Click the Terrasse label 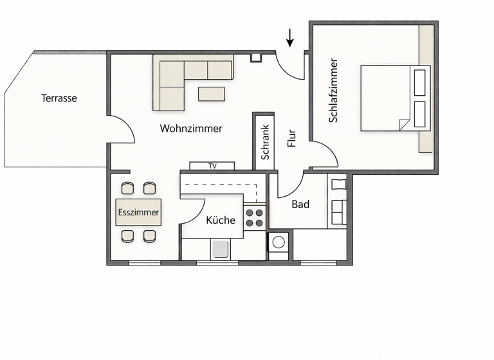pyautogui.click(x=59, y=98)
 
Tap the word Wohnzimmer pyautogui.click(x=191, y=129)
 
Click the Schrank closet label pyautogui.click(x=265, y=141)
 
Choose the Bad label pyautogui.click(x=300, y=204)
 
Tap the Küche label pyautogui.click(x=221, y=220)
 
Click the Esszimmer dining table pyautogui.click(x=138, y=212)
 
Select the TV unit pyautogui.click(x=212, y=166)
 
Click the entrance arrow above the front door pyautogui.click(x=290, y=38)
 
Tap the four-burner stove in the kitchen pyautogui.click(x=255, y=217)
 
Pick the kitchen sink pyautogui.click(x=221, y=249)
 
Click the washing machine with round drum pyautogui.click(x=279, y=243)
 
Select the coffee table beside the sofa pyautogui.click(x=212, y=94)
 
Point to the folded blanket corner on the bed pyautogui.click(x=405, y=124)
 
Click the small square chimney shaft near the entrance pyautogui.click(x=256, y=57)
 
